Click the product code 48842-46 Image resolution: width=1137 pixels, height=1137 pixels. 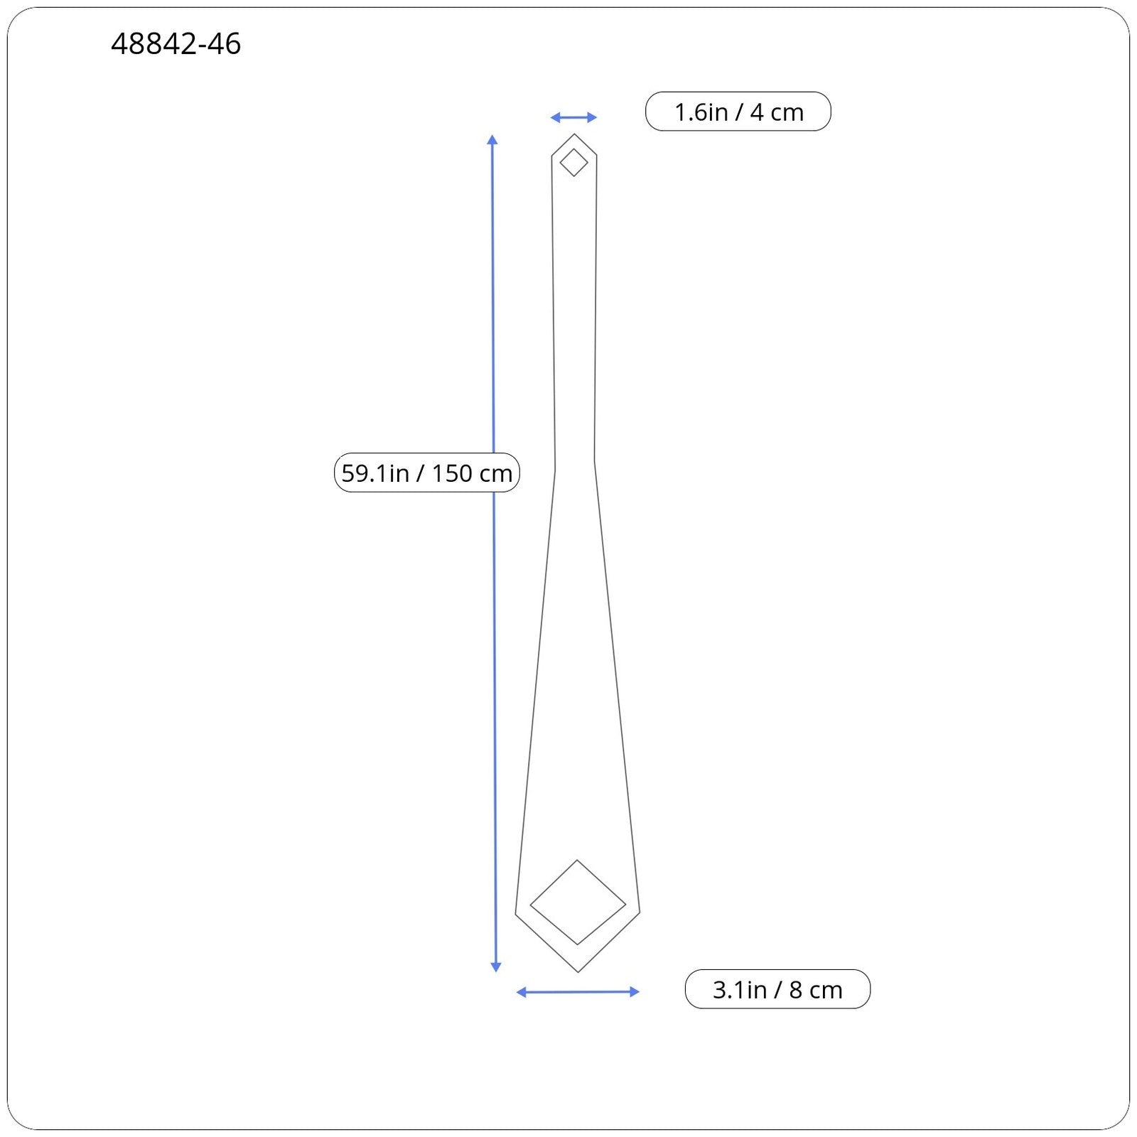point(176,44)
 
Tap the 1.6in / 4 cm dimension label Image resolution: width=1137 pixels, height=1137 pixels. point(738,112)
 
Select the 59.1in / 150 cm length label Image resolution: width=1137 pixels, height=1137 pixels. point(427,473)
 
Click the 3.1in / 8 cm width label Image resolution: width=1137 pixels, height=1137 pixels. point(777,989)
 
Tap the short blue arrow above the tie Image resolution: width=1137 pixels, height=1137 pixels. point(573,117)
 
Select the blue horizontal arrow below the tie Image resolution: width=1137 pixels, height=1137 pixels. point(578,992)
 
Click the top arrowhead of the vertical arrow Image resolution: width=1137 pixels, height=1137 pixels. point(492,139)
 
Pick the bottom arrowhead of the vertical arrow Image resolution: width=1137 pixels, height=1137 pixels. point(496,966)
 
